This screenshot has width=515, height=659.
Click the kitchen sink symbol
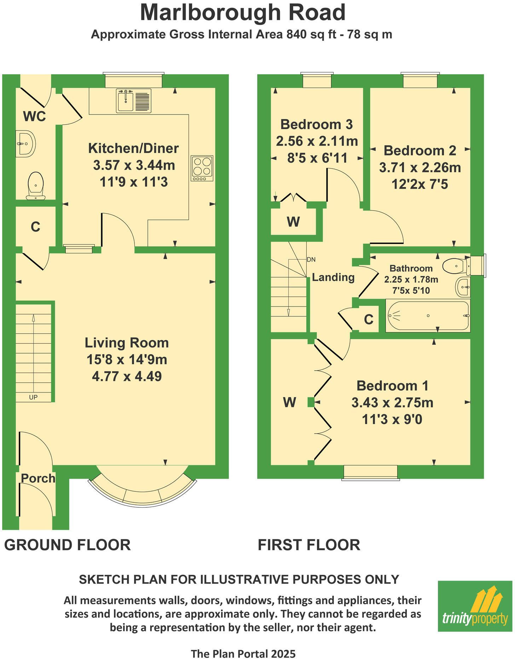coord(133,101)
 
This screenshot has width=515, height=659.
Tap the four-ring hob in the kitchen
coord(202,168)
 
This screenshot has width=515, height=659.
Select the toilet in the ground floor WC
coord(36,185)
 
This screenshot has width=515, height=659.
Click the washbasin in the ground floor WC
coord(25,144)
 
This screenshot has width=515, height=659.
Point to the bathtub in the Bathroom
coord(428,316)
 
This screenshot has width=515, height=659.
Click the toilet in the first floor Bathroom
coord(456,266)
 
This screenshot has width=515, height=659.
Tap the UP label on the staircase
coord(33,397)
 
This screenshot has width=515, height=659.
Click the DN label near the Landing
coord(311,259)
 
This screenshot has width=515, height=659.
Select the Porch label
coord(38,478)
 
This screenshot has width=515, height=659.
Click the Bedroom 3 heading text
coord(317,124)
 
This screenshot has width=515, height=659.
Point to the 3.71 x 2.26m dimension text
coord(420,168)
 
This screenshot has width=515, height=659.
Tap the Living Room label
coord(127,343)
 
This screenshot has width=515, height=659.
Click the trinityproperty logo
coord(475,607)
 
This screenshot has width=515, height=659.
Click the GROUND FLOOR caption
coord(68,545)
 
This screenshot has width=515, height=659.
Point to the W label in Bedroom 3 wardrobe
coord(293,222)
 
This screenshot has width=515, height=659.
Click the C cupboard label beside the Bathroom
coord(369,320)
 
